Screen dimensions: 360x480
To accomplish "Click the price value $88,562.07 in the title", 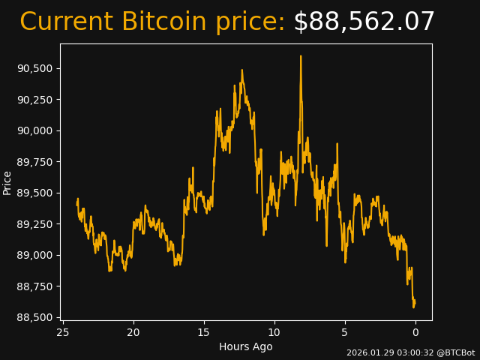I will coord(364,22).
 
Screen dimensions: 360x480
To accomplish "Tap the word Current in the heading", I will coord(66,22).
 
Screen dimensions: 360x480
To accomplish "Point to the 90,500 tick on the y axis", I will coord(34,68).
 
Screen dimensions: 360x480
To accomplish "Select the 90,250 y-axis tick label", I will coord(34,100).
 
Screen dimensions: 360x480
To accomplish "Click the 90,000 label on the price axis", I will coord(34,130).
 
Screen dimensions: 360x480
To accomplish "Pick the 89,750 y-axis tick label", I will coord(34,162).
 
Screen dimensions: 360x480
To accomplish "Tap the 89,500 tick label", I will coord(34,193).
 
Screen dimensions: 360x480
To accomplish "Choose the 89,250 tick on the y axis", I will coord(34,224).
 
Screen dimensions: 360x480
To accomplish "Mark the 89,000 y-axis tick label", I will coord(34,255).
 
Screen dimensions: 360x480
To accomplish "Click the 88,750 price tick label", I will coord(34,286).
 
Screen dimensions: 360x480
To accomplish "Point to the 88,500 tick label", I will coord(34,317).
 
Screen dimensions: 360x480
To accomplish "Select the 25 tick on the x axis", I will coord(63,332).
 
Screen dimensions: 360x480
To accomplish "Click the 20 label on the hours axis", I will coord(133,332).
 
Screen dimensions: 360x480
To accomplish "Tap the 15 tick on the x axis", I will coord(204,332).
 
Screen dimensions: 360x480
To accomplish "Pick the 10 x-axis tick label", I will coord(274,332).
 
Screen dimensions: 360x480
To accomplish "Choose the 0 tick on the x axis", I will coord(415,332).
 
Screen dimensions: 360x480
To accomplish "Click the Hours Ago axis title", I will coord(246,346).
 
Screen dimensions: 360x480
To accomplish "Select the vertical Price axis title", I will coord(7,182).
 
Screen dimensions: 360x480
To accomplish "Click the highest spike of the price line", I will coord(301,56).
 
